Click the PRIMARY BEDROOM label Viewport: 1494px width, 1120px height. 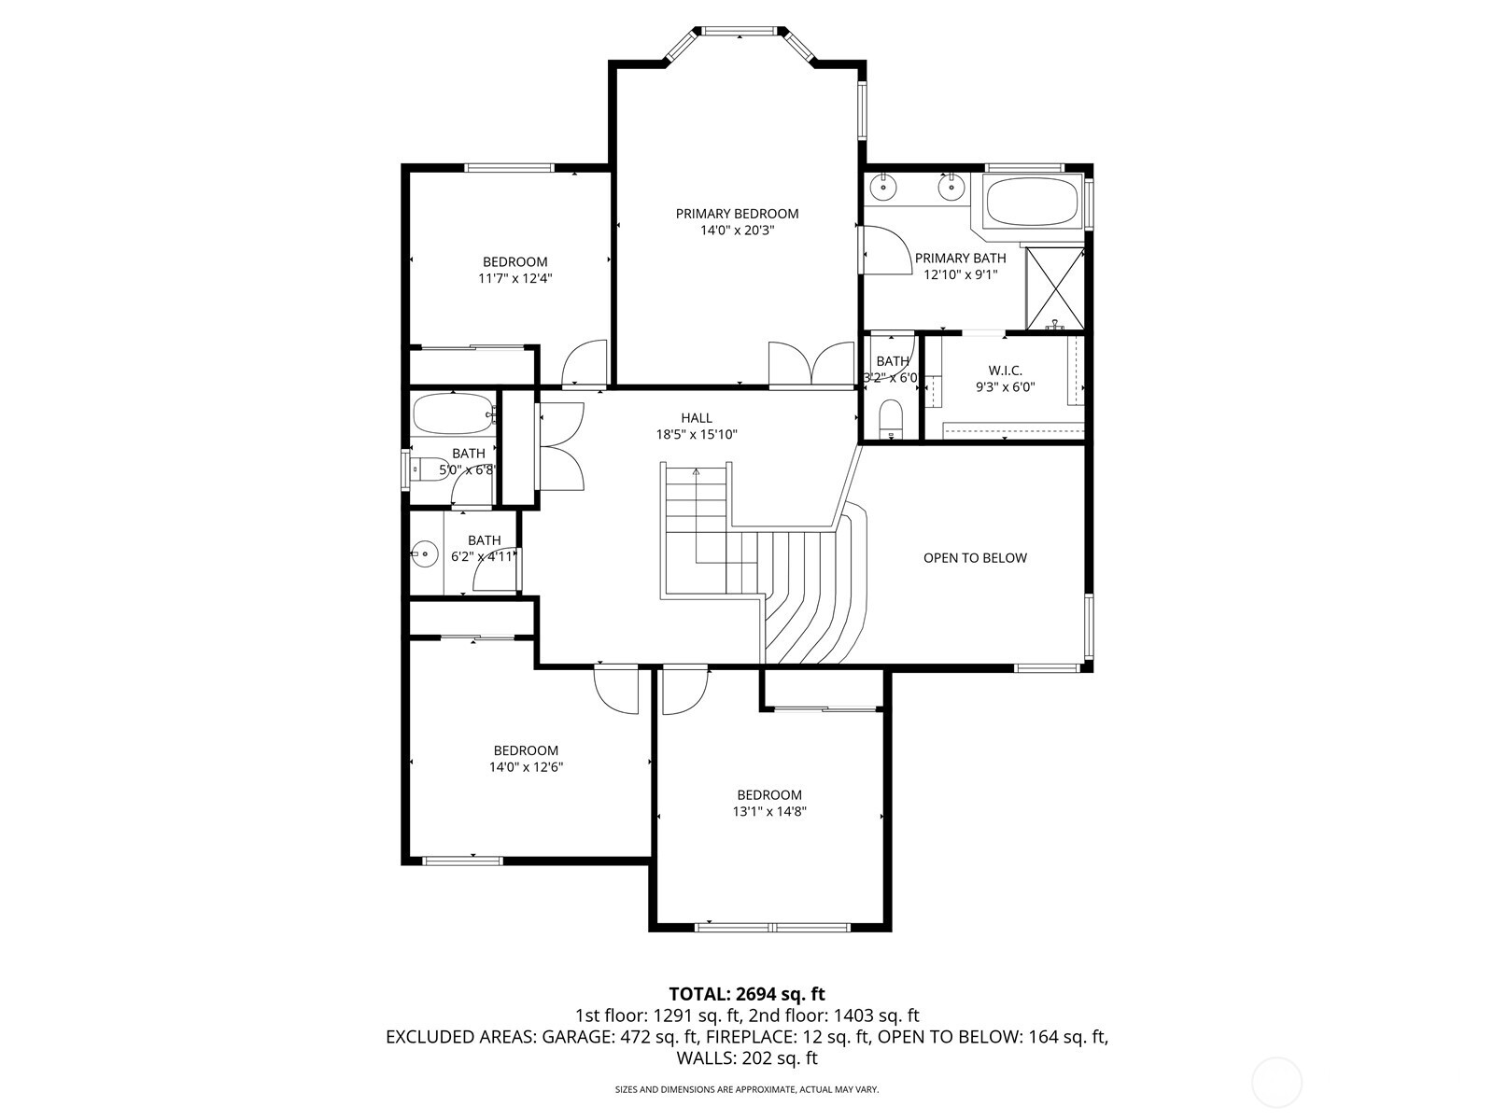pos(737,214)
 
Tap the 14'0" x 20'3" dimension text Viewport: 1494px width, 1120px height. pos(737,231)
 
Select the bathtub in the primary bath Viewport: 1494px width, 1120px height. pos(1032,201)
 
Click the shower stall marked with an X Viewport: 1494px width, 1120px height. pos(1055,288)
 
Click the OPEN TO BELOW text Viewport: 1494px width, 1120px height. pos(975,558)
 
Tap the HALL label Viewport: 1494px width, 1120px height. pos(696,418)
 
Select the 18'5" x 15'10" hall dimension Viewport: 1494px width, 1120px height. pos(696,434)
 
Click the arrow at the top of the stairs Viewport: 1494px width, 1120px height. pos(696,473)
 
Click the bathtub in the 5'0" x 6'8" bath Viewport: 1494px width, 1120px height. pos(452,414)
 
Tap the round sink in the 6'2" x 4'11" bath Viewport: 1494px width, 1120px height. pos(426,553)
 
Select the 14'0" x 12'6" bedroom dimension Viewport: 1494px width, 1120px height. pos(526,767)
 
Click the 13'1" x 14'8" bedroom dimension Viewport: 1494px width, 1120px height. pos(768,812)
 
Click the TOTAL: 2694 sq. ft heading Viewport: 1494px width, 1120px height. pos(746,994)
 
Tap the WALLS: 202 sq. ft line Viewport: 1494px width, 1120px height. pos(746,1058)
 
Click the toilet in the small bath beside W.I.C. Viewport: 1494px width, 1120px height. pos(892,416)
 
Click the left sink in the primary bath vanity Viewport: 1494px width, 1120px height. pos(882,188)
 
